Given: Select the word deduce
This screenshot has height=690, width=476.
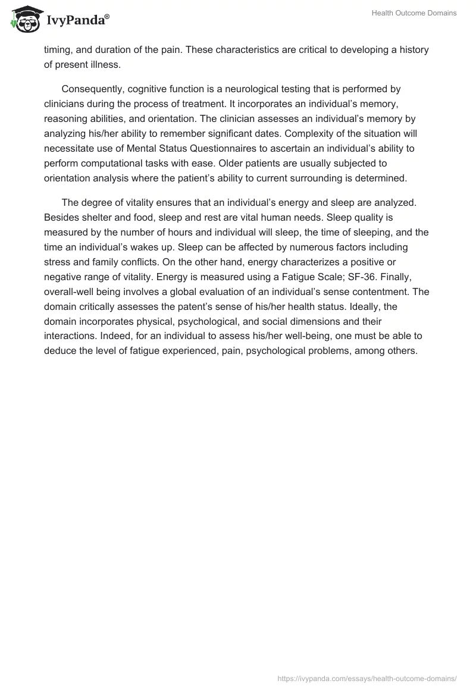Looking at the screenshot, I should pos(61,351).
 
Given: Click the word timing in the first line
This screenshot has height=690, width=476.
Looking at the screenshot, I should pos(58,50).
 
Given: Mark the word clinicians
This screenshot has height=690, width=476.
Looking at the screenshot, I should pos(65,102).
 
